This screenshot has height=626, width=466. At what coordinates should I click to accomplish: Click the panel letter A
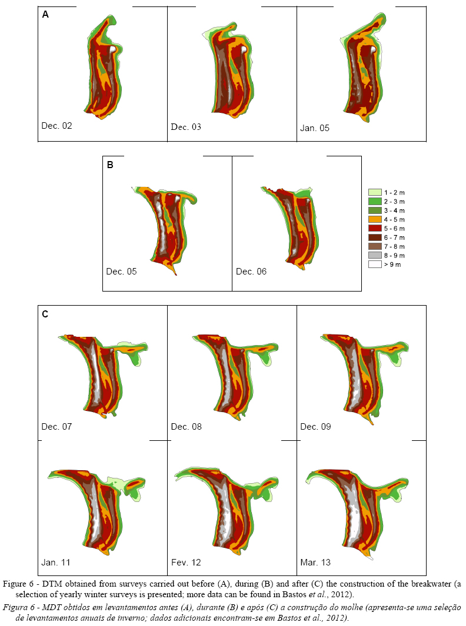45,15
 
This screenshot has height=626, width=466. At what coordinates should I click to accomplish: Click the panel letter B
110,165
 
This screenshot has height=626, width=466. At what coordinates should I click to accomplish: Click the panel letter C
45,314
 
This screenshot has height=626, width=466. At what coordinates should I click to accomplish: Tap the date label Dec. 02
56,125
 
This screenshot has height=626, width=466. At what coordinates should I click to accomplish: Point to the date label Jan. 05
315,127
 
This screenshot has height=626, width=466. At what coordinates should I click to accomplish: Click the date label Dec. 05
121,272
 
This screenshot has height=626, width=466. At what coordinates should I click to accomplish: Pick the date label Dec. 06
251,272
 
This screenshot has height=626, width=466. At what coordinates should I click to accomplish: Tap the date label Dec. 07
56,426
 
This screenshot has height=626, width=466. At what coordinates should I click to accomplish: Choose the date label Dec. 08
186,426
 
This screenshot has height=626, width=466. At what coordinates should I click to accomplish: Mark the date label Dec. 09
315,426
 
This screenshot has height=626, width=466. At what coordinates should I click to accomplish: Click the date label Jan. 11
56,563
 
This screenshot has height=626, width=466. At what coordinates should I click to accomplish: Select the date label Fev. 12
186,563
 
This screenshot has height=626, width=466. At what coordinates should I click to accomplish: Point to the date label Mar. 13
315,563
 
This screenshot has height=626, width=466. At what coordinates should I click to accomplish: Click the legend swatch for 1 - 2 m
374,192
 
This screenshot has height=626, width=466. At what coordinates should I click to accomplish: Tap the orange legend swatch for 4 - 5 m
374,219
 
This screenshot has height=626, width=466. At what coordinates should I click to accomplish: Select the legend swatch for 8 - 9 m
374,256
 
